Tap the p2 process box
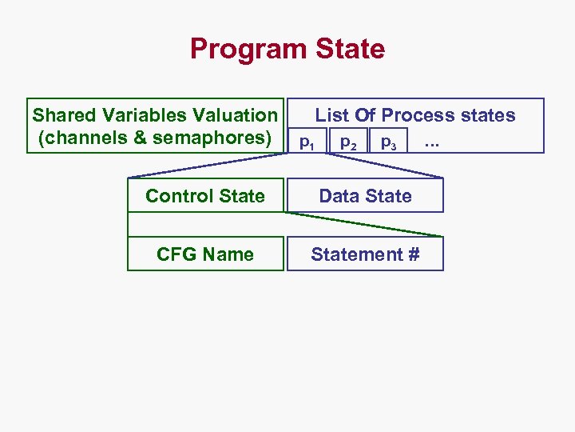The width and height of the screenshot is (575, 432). click(348, 142)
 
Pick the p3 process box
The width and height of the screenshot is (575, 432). click(389, 142)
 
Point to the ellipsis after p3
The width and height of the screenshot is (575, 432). click(432, 144)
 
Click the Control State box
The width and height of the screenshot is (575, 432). click(205, 196)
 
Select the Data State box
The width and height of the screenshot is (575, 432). click(365, 196)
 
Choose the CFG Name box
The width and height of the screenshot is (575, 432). click(205, 254)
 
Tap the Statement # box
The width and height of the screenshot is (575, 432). click(365, 254)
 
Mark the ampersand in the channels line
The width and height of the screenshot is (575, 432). click(141, 138)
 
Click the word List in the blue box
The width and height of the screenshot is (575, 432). click(331, 115)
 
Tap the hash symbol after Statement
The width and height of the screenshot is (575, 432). click(413, 254)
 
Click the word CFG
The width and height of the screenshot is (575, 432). click(174, 254)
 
